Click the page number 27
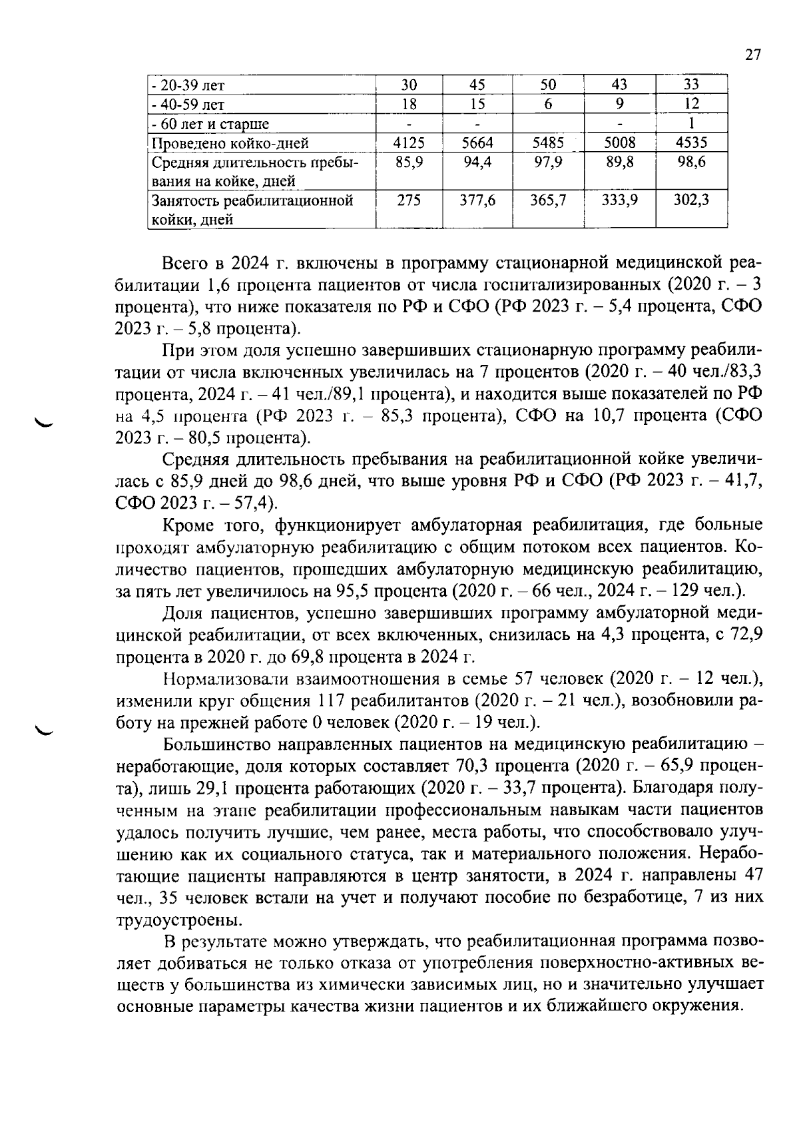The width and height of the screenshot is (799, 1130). [752, 55]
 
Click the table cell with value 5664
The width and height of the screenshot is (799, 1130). [477, 142]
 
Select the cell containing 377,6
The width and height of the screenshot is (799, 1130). [477, 200]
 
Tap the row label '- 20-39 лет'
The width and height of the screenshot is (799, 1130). [189, 85]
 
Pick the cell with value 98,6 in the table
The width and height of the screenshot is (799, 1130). [692, 162]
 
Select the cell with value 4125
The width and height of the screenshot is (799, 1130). [409, 142]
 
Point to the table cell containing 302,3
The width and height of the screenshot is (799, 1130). [692, 200]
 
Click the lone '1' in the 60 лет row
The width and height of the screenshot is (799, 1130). [692, 123]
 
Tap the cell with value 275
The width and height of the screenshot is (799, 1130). [409, 200]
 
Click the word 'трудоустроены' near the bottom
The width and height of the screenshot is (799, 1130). [174, 920]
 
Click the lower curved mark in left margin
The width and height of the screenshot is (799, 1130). [47, 730]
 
